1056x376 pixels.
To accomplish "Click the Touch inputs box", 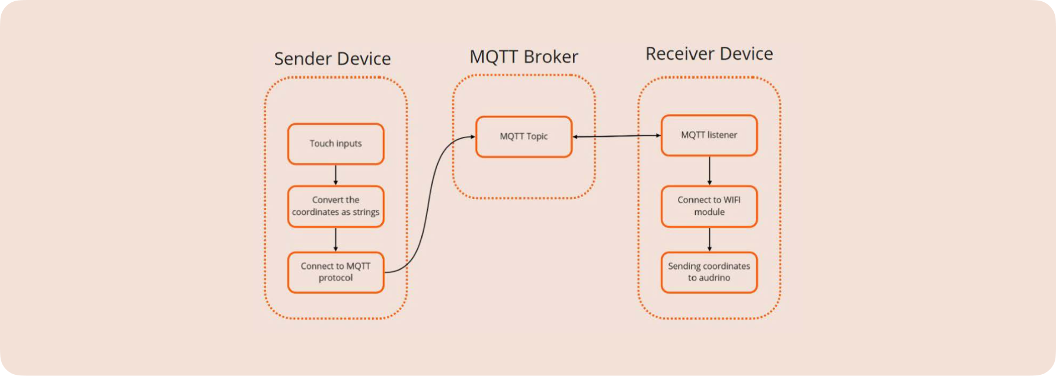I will tap(335, 144).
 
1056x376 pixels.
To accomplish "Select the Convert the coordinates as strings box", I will tap(335, 207).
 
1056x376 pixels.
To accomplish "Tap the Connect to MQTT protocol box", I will tap(335, 272).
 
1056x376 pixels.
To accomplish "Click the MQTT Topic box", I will tap(524, 137).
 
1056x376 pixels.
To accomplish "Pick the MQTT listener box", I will tap(709, 136).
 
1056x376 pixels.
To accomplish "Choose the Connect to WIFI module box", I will tap(709, 207).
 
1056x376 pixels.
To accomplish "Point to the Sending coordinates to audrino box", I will tap(709, 272).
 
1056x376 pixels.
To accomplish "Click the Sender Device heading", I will tap(332, 59).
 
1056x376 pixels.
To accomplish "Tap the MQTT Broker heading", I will tap(524, 57).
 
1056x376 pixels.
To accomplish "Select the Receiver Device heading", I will tap(709, 54).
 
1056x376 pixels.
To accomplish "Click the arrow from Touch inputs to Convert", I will tap(335, 175).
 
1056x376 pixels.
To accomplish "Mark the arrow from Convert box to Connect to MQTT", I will tap(335, 240).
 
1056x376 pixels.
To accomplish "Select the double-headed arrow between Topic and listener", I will tap(616, 136).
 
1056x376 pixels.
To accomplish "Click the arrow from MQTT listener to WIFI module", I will tap(709, 171).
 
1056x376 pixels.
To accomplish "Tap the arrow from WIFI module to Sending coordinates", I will tap(709, 240).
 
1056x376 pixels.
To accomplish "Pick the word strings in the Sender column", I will tap(366, 212).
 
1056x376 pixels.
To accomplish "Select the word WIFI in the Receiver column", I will tap(729, 200).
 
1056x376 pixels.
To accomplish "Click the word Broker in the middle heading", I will tap(551, 57).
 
